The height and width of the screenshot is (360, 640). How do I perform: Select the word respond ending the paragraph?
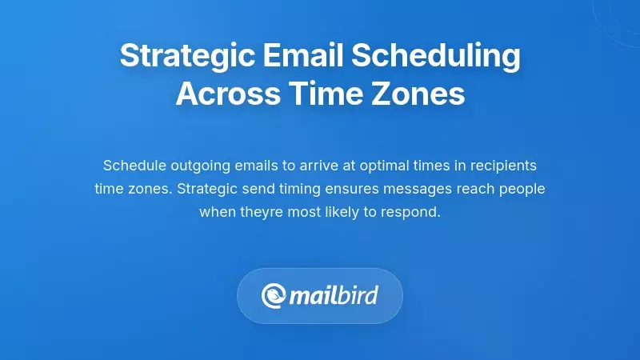pos(414,213)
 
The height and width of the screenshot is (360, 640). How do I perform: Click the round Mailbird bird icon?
pos(274,297)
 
